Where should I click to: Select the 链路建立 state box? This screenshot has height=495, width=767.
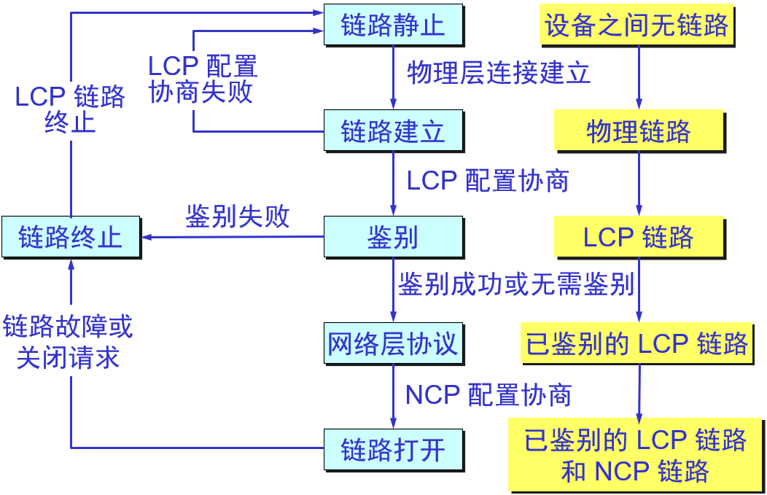(x=393, y=131)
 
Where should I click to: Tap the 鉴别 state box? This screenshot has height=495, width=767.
(x=393, y=237)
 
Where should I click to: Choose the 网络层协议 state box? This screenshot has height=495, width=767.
(x=393, y=343)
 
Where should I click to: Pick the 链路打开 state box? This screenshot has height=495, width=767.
(x=393, y=449)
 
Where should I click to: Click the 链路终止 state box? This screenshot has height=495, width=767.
(x=70, y=237)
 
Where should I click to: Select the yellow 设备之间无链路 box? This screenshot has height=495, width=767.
(x=636, y=26)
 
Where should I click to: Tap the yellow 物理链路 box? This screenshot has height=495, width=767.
(x=639, y=132)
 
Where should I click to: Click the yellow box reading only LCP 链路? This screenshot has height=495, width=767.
(x=639, y=237)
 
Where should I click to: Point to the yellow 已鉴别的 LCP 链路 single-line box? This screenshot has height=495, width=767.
(x=637, y=343)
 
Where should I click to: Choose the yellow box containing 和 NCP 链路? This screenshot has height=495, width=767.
(x=636, y=455)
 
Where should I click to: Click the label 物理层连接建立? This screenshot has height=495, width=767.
(x=499, y=74)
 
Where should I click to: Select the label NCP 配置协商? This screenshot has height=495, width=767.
(x=488, y=394)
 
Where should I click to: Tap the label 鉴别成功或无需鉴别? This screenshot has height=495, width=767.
(x=515, y=284)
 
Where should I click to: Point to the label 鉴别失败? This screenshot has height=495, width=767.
(x=238, y=217)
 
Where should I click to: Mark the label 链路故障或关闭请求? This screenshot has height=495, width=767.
(x=68, y=342)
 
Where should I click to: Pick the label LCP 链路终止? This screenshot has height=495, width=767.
(x=70, y=109)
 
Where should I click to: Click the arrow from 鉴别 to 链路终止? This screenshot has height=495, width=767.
(x=233, y=237)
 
